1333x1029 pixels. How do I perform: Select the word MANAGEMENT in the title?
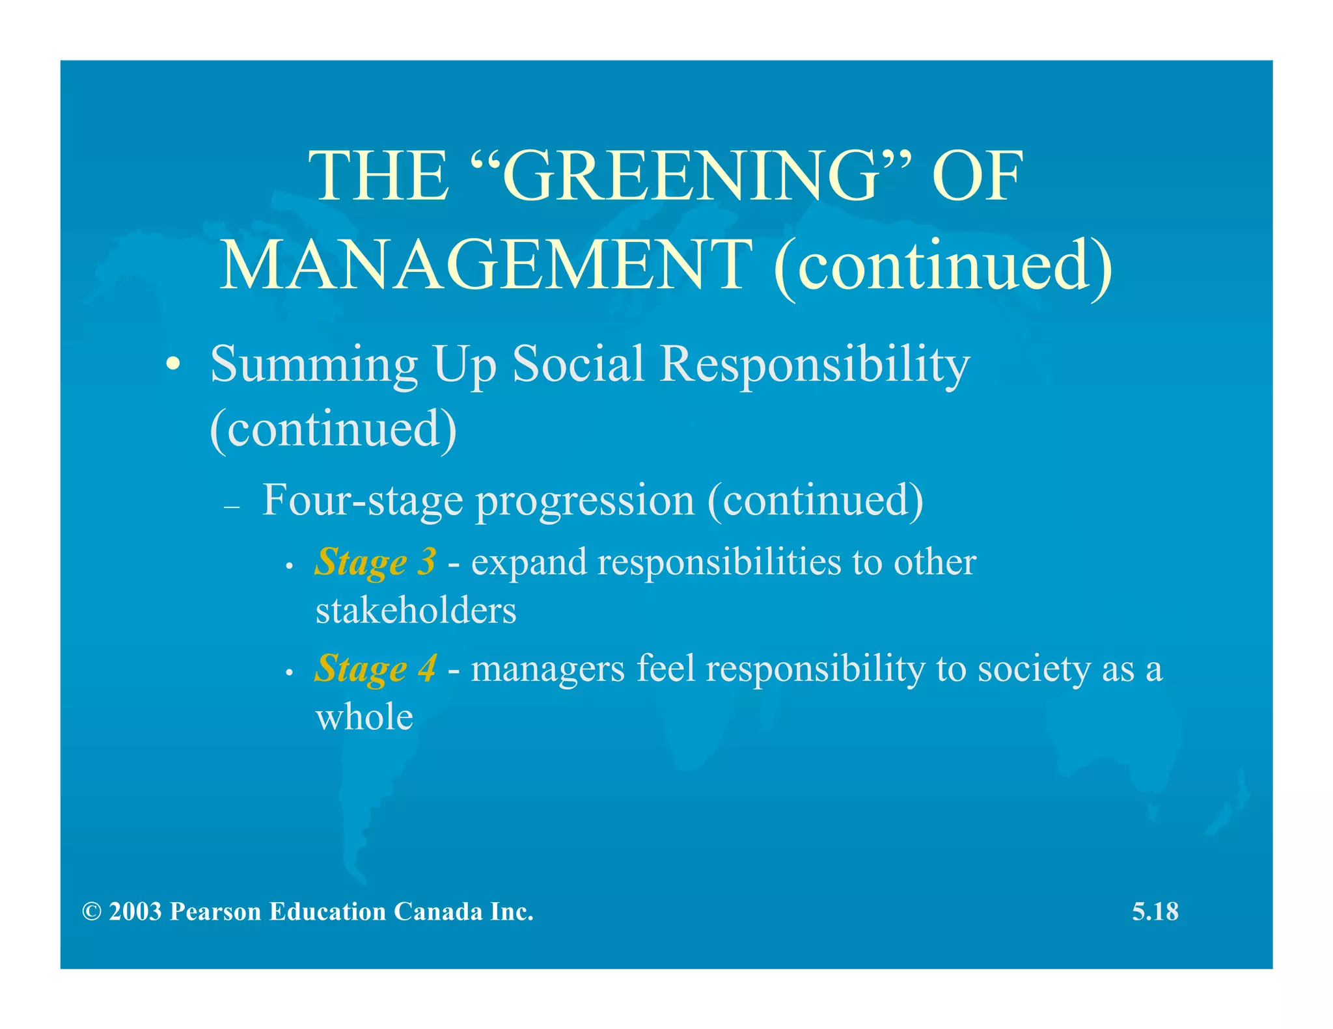coord(485,265)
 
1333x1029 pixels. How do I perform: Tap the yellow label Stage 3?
coord(375,562)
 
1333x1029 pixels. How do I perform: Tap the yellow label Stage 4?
coord(375,669)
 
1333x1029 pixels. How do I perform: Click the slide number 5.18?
coord(1155,911)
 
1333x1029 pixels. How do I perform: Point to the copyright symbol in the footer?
coord(92,912)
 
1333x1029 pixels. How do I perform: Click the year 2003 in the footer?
coord(135,912)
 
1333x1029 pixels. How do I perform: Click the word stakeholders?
coord(416,611)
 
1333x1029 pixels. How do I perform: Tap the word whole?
coord(364,717)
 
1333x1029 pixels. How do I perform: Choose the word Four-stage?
coord(363,500)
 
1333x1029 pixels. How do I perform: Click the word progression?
coord(585,501)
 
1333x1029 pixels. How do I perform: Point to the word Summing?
coord(314,365)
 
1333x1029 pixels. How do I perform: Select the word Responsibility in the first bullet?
coord(814,365)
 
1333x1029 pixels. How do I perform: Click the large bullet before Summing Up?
coord(172,364)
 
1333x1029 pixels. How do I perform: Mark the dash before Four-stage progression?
coord(232,507)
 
